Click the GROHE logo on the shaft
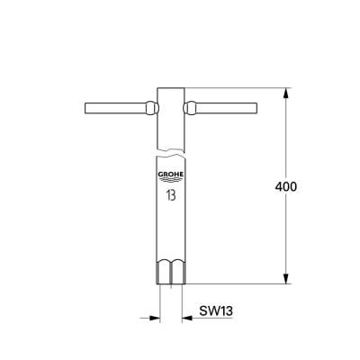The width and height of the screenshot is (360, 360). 171,176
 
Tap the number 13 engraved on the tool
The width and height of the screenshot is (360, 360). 171,193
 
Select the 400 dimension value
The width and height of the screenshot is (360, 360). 284,186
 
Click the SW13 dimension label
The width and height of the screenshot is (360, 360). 216,311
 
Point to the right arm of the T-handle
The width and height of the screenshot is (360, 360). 225,109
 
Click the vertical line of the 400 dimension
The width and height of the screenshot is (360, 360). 288,144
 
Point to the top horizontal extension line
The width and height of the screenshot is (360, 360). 243,87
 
